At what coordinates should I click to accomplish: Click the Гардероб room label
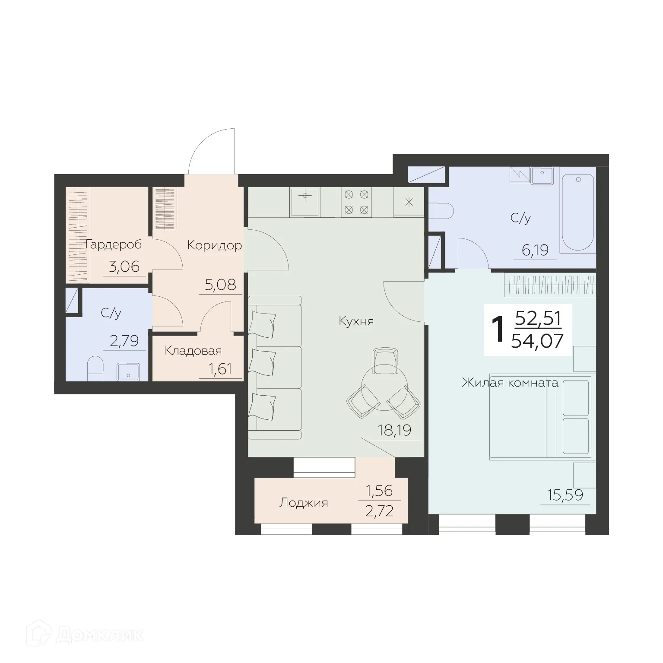pyautogui.click(x=114, y=244)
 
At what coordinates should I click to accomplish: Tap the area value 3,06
pyautogui.click(x=124, y=266)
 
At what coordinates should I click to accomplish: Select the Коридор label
pyautogui.click(x=214, y=245)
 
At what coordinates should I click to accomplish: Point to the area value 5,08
pyautogui.click(x=220, y=285)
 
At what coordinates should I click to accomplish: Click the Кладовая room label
pyautogui.click(x=193, y=351)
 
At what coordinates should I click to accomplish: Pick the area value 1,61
pyautogui.click(x=220, y=369)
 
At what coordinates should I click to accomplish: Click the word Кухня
pyautogui.click(x=356, y=321)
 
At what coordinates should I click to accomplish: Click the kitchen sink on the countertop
pyautogui.click(x=305, y=202)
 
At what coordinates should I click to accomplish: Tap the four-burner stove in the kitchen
pyautogui.click(x=356, y=202)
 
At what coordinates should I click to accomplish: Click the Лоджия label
pyautogui.click(x=304, y=503)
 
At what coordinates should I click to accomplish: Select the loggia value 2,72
pyautogui.click(x=380, y=511)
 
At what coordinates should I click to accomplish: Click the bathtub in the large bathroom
pyautogui.click(x=577, y=213)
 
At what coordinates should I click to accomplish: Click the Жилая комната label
pyautogui.click(x=510, y=382)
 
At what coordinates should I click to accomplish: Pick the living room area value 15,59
pyautogui.click(x=565, y=495)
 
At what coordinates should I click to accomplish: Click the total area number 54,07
pyautogui.click(x=537, y=341)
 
